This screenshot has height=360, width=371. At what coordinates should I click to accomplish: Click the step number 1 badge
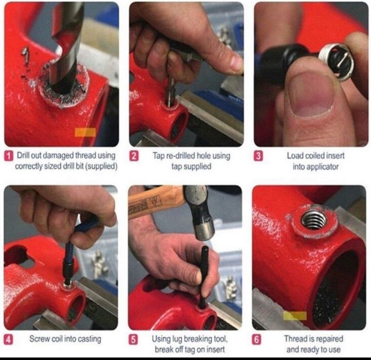pyautogui.click(x=9, y=156)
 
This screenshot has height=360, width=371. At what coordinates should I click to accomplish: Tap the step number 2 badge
pyautogui.click(x=134, y=156)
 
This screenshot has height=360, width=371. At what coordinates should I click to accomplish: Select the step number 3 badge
pyautogui.click(x=258, y=156)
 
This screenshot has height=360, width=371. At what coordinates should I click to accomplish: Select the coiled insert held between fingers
pyautogui.click(x=336, y=63)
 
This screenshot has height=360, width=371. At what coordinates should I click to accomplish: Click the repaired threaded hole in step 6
pyautogui.click(x=314, y=221)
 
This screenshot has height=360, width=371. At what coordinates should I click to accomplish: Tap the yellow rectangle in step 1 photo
pyautogui.click(x=85, y=132)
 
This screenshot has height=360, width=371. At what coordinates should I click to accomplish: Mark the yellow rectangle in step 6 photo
pyautogui.click(x=295, y=316)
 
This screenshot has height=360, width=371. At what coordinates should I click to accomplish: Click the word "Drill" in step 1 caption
pyautogui.click(x=23, y=156)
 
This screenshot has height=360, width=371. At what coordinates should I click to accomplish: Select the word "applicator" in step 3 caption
pyautogui.click(x=316, y=167)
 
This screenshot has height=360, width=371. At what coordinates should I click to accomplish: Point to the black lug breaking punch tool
pyautogui.click(x=203, y=277)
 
